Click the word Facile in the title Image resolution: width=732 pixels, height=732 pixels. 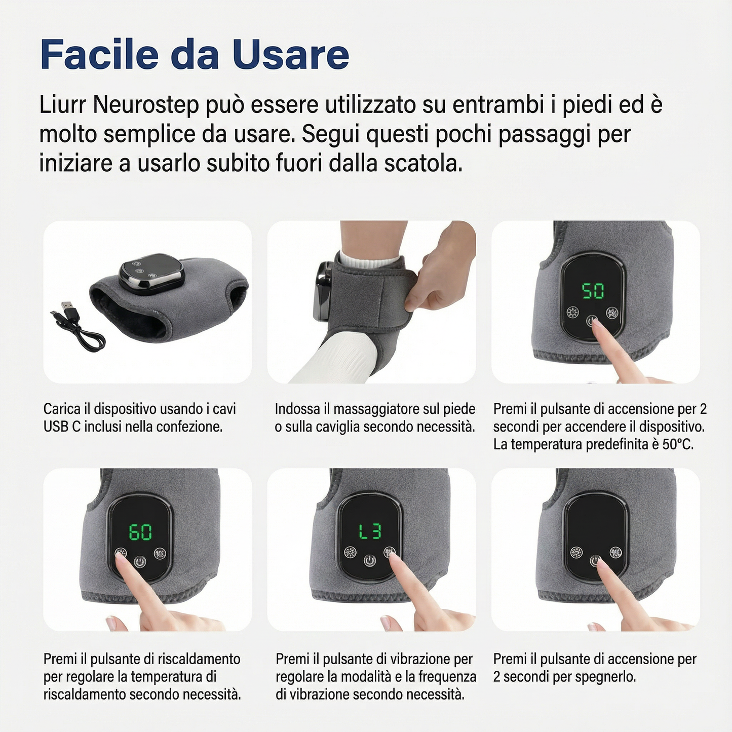point(99,54)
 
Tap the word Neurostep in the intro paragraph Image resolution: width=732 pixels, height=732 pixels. point(145,104)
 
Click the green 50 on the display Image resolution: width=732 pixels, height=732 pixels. point(593,291)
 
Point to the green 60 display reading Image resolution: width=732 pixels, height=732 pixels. point(140,532)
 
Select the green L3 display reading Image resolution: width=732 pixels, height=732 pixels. point(370,531)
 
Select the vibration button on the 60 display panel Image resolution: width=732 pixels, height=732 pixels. point(160,553)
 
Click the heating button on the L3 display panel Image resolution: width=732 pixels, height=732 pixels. point(350,552)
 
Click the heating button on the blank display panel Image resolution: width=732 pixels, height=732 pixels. point(576,552)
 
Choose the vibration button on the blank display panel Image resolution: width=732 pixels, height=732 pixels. point(616,552)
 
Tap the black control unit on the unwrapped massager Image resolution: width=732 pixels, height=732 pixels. point(151,274)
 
